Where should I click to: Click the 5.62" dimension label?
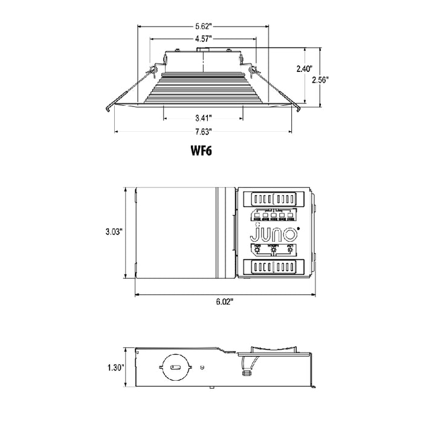click(x=203, y=27)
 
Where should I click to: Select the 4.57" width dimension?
click(x=203, y=38)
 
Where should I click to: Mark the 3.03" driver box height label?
click(x=114, y=230)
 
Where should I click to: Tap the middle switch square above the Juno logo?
click(x=273, y=214)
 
